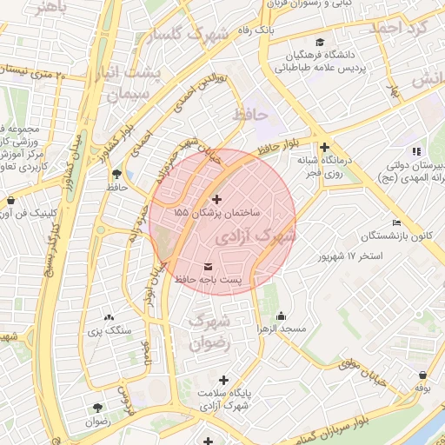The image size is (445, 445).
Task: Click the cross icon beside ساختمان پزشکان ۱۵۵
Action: point(216,200)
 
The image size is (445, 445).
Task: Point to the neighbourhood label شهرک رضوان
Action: point(211,331)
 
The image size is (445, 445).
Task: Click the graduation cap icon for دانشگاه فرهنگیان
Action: point(321,43)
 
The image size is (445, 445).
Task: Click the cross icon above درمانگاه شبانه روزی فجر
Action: point(324,148)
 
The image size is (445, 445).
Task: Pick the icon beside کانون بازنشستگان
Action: point(396,222)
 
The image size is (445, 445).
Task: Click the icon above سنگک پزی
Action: point(109,318)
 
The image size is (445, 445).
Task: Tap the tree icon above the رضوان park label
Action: point(96,407)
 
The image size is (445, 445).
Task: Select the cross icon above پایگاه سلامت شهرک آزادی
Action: point(224,380)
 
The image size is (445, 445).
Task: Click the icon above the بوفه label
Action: point(422,375)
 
